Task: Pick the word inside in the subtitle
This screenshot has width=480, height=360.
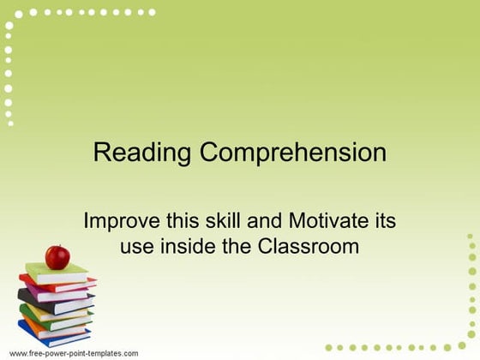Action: (179, 247)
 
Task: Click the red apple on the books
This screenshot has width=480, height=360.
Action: (57, 255)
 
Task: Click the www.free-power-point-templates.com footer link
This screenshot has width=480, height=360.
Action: (74, 353)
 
